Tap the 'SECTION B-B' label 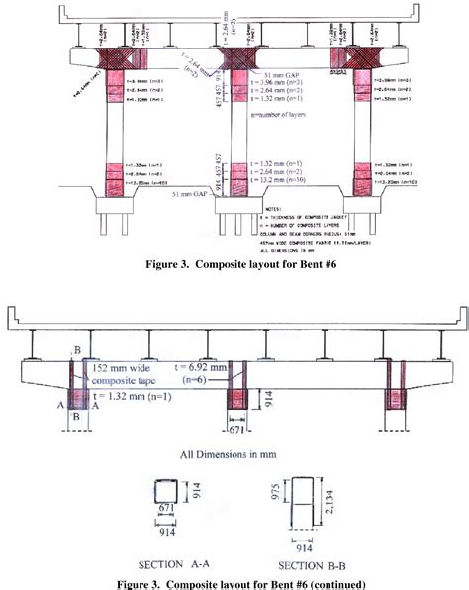[297, 564]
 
